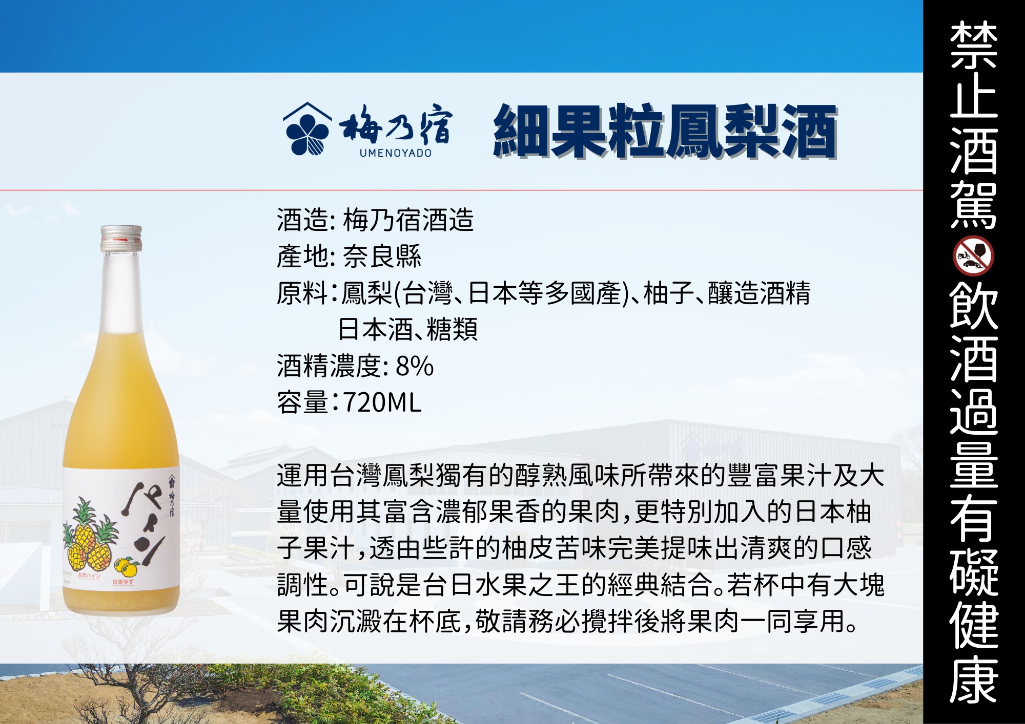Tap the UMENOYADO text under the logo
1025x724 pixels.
click(x=396, y=153)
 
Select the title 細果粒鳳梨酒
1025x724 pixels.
click(x=665, y=131)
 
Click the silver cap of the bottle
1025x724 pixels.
click(x=121, y=238)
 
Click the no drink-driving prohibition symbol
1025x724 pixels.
click(x=973, y=256)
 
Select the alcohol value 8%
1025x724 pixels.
click(x=415, y=366)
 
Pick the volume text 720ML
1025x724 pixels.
click(x=382, y=402)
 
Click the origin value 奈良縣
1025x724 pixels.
click(x=382, y=256)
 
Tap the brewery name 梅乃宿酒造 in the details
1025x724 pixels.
click(x=408, y=220)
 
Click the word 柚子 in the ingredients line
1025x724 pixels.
click(x=665, y=293)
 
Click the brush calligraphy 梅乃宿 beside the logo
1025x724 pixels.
click(x=395, y=124)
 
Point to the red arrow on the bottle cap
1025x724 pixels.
click(x=120, y=240)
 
